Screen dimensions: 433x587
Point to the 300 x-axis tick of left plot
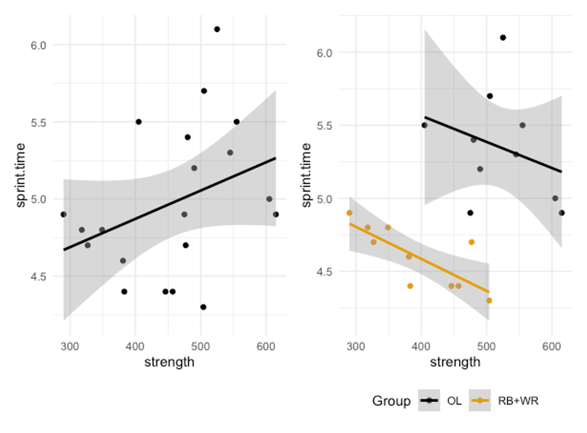click(70, 345)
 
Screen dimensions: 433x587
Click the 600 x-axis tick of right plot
click(552, 345)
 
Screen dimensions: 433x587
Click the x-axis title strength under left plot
click(170, 362)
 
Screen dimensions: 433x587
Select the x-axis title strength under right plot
click(455, 362)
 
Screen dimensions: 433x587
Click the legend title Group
click(391, 401)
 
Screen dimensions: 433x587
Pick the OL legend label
click(454, 401)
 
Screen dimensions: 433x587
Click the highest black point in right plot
click(503, 37)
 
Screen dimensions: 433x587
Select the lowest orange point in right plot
click(489, 301)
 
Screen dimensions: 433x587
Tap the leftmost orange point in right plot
click(349, 213)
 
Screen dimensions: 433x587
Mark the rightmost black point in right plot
click(561, 213)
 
